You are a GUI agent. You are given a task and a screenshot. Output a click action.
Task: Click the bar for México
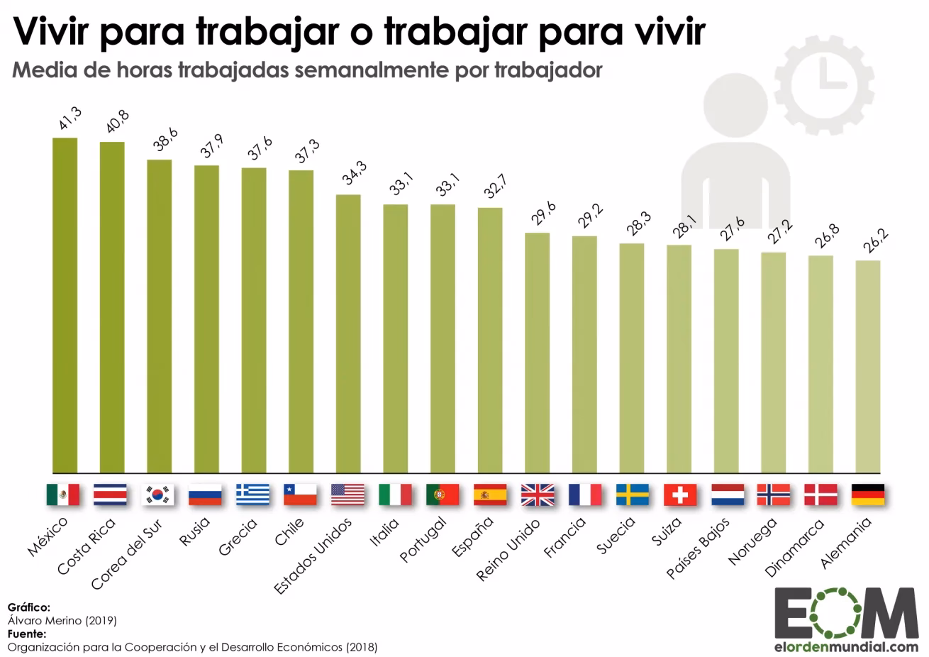(65, 305)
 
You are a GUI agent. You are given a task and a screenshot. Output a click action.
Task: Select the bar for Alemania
(868, 366)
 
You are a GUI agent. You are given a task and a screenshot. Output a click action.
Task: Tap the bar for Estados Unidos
(348, 333)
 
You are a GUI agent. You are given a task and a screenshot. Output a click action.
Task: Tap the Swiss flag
(679, 495)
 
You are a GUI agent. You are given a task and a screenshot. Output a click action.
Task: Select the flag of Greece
(253, 495)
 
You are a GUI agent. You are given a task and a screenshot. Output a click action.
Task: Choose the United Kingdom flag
(538, 495)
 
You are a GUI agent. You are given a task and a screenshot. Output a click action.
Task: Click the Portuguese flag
(443, 495)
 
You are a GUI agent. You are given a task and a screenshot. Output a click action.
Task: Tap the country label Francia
(564, 538)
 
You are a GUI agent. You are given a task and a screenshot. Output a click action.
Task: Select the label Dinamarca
(795, 547)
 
